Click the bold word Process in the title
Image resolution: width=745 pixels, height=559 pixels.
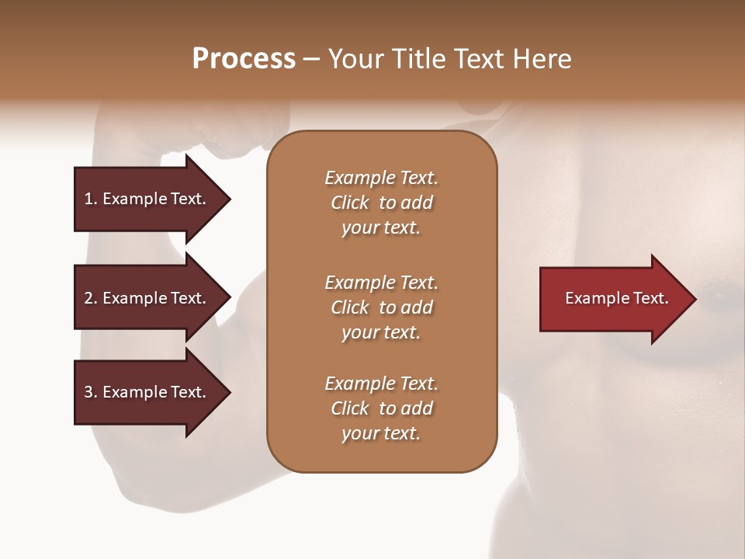(x=244, y=59)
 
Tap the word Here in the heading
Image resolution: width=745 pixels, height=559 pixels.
(x=542, y=59)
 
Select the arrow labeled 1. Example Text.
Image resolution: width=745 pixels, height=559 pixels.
(x=147, y=199)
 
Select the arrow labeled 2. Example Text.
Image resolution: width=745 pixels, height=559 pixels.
(x=147, y=298)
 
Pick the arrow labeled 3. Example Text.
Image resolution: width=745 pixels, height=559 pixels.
(x=147, y=392)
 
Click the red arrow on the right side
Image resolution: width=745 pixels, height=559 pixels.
(x=613, y=299)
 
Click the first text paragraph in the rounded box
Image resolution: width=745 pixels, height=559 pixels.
(x=381, y=203)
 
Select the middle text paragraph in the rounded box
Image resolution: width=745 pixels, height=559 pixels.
(x=381, y=307)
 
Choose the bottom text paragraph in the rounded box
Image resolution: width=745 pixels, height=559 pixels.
(x=381, y=408)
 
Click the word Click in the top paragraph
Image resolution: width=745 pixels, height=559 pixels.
(x=350, y=203)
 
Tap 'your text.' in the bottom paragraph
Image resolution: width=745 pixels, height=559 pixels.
(x=381, y=433)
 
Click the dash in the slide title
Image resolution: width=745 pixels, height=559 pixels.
(x=311, y=59)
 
